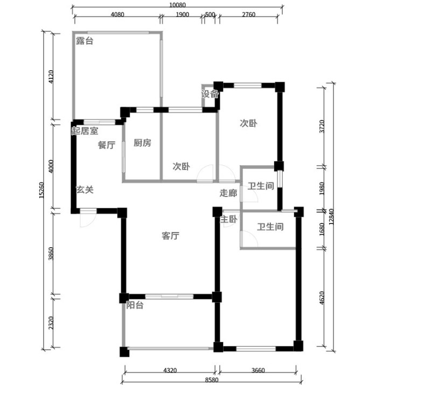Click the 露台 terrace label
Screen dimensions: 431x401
(85, 41)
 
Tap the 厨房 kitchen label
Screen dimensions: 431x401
(142, 143)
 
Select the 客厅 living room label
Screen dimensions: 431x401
(170, 236)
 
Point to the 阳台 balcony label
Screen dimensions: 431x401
(135, 305)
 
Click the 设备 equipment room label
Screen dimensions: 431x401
(210, 94)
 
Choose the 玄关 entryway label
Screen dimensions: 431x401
(85, 190)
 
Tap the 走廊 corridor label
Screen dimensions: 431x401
(228, 193)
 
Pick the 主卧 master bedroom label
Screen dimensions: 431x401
(228, 219)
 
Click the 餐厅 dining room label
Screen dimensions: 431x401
(107, 145)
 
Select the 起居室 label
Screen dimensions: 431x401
(85, 131)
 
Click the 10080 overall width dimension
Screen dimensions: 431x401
(177, 5)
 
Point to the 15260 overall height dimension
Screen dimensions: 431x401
(41, 190)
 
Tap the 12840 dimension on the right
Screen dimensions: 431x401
(331, 217)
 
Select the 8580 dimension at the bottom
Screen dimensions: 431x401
(212, 380)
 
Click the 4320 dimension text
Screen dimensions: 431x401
(170, 370)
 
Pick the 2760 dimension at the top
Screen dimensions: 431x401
(249, 15)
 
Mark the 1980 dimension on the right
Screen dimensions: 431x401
(322, 188)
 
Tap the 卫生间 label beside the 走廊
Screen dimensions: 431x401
(261, 186)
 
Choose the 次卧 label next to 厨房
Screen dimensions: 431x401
(181, 166)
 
